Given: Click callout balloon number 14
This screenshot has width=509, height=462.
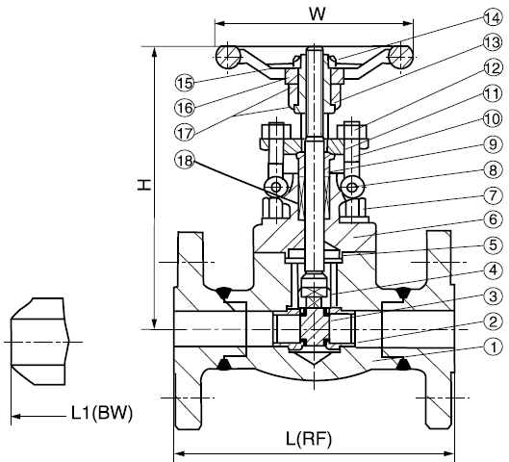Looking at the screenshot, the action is [x=493, y=18].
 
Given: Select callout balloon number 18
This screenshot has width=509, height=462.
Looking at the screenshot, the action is [x=185, y=161].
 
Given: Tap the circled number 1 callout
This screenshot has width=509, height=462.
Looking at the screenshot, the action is [x=493, y=347].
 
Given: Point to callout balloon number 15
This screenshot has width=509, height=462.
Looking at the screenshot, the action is [x=185, y=83].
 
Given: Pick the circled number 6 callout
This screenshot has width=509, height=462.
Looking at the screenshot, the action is [x=493, y=219].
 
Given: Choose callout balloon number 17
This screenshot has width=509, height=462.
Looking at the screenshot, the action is [x=185, y=133].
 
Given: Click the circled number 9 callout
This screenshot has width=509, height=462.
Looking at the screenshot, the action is [x=493, y=144].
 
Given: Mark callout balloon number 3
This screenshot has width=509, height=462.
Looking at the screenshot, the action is [x=493, y=296].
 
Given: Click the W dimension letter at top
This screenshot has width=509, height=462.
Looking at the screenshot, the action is [x=317, y=14].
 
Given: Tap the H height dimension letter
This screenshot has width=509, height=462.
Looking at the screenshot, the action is [x=143, y=185].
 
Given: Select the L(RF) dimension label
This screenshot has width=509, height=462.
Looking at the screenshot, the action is [x=309, y=439].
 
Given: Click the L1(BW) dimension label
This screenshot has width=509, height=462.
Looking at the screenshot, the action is [x=102, y=413].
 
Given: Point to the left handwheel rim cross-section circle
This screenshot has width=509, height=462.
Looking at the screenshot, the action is [x=228, y=57].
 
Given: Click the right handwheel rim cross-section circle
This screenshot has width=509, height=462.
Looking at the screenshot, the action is [x=401, y=57].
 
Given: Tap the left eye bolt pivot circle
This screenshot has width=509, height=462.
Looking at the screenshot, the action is [x=276, y=188].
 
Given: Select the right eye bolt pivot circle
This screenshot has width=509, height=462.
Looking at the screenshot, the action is [x=352, y=188].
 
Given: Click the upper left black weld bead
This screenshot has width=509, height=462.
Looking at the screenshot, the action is [x=223, y=293].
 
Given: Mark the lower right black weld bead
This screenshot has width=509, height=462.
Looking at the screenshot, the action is [x=403, y=364].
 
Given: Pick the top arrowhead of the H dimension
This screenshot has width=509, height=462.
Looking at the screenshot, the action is [x=155, y=53].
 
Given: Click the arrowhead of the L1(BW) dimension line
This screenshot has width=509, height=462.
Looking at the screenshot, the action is [x=16, y=416].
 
